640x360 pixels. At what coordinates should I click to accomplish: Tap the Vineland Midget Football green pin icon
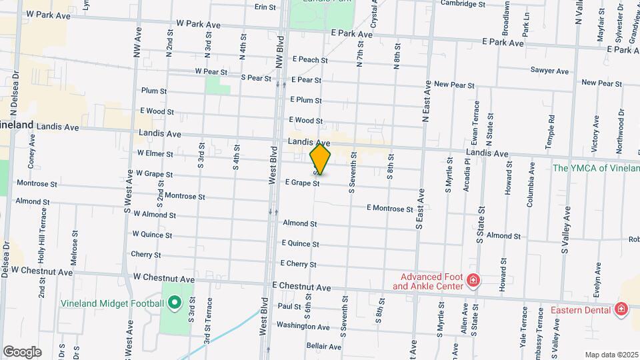tap(175, 304)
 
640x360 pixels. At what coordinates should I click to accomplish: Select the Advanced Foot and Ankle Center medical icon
tap(473, 281)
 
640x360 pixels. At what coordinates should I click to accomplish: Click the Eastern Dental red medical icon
tap(621, 309)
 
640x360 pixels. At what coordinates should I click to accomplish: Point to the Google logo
tap(22, 352)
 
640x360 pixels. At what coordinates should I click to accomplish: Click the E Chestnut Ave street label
tap(301, 287)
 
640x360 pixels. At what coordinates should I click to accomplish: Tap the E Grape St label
tap(303, 183)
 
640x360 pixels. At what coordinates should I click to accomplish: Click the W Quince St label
tap(152, 235)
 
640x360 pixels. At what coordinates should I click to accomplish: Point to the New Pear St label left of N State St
tap(453, 85)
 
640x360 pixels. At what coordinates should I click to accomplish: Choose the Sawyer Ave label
tap(549, 71)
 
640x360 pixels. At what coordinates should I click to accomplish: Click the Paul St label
tap(290, 307)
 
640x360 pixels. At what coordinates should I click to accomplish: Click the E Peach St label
tap(309, 60)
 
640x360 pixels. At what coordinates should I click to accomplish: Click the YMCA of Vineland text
tap(595, 168)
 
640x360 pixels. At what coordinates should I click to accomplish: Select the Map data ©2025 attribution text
tap(611, 355)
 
